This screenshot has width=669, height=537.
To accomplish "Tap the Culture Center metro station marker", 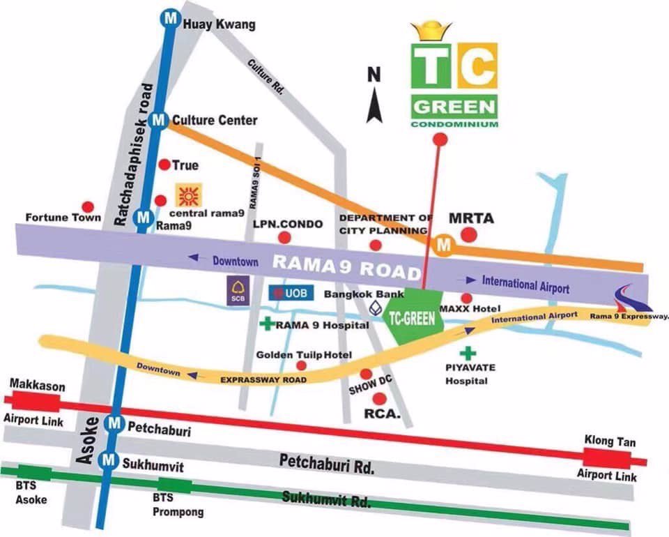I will click(159, 121).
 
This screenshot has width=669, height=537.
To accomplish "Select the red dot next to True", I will click(165, 165).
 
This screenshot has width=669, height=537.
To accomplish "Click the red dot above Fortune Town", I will click(88, 206).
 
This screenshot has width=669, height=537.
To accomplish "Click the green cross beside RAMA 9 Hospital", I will click(266, 324).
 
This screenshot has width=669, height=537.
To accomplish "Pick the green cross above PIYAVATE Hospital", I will click(472, 354).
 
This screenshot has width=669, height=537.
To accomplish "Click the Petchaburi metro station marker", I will click(114, 423).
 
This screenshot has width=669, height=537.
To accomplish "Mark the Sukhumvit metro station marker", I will click(108, 460).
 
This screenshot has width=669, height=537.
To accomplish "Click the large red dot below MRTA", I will click(471, 236).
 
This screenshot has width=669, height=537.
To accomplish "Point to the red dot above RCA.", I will click(380, 399).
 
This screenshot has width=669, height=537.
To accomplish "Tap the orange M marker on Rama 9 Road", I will click(442, 245).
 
